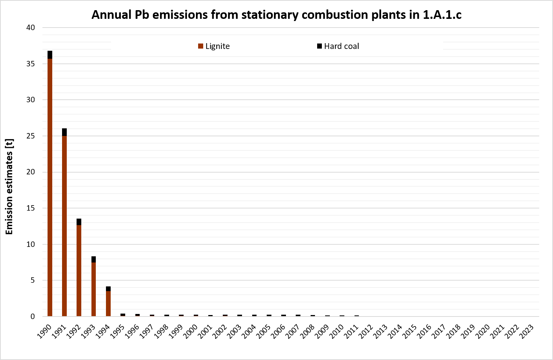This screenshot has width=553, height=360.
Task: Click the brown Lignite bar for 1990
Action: (50, 187)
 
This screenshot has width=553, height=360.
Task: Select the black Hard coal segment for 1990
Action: (50, 55)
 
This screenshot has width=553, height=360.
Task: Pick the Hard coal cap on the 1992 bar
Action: (79, 222)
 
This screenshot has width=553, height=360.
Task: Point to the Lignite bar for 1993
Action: (94, 289)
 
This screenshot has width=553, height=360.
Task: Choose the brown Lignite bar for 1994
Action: (108, 303)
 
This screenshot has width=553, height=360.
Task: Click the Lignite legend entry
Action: (214, 46)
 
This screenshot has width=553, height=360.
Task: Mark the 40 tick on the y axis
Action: (30, 28)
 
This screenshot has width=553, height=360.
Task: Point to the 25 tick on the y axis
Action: (30, 136)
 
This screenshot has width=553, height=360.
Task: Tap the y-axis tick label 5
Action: (33, 280)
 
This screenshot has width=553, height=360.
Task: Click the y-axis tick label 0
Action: (33, 316)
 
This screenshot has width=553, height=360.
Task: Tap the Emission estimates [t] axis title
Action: (9, 186)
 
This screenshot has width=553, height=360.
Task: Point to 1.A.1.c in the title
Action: (442, 15)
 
